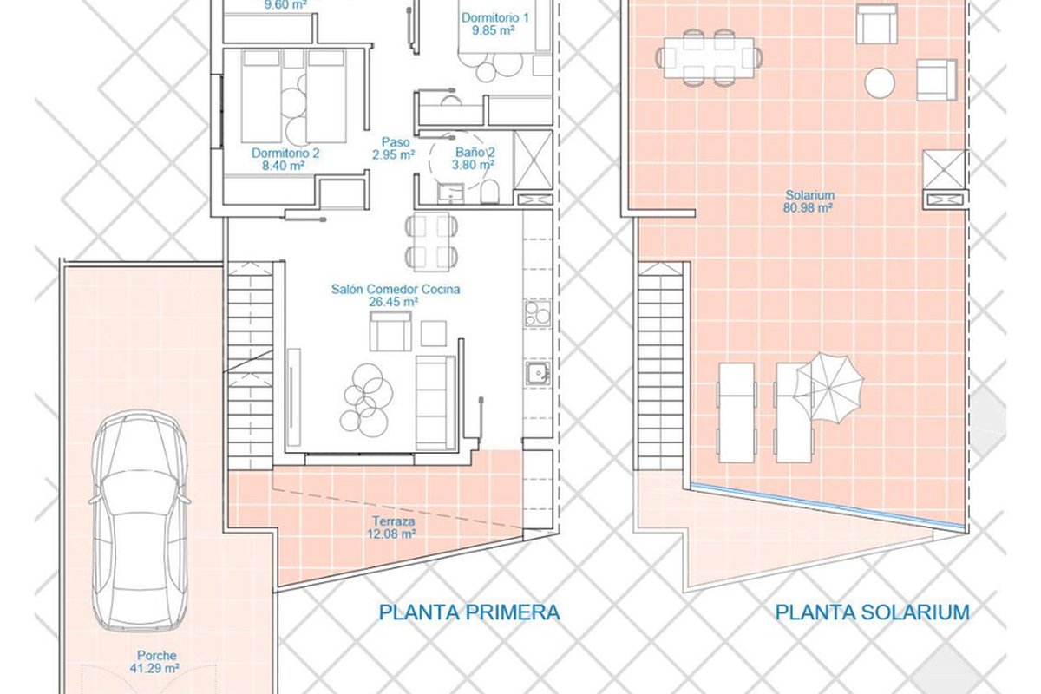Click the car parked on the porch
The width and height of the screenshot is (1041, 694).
click(x=140, y=520)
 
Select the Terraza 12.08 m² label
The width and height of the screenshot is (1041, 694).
click(x=393, y=527)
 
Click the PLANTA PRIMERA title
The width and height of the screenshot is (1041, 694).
click(x=469, y=612)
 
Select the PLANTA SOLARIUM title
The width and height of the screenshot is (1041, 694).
click(x=873, y=612)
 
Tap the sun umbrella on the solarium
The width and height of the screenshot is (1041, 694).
click(x=829, y=388)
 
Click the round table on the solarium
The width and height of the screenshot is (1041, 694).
click(x=880, y=83)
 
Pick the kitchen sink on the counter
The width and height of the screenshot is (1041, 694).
click(x=538, y=373)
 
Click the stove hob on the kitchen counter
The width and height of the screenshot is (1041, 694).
click(x=538, y=313)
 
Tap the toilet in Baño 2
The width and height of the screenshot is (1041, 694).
click(x=489, y=192)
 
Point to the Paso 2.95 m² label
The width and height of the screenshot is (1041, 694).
click(x=394, y=148)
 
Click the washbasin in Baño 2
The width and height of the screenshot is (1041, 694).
click(x=450, y=193)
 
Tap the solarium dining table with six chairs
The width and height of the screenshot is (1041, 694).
click(x=709, y=57)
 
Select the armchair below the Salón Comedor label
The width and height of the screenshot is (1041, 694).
click(x=390, y=331)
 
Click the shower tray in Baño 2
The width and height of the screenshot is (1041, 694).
click(x=533, y=160)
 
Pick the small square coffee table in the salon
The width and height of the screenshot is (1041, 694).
click(x=434, y=333)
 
